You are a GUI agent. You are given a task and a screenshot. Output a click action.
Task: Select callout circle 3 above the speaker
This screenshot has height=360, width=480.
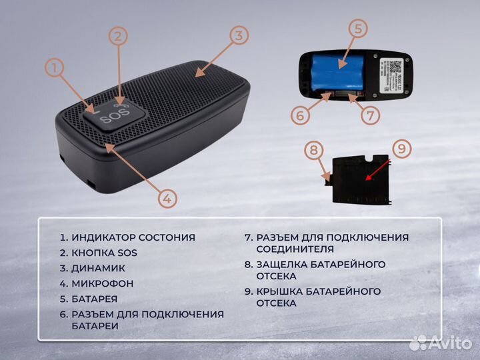click(x=239, y=36)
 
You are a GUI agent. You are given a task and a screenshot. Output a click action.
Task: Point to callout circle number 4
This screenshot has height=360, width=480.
click(x=168, y=197)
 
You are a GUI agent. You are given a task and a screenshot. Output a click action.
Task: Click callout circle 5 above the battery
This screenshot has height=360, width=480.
click(x=358, y=29)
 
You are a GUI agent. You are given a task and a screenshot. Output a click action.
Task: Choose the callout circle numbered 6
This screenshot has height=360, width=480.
click(x=301, y=115)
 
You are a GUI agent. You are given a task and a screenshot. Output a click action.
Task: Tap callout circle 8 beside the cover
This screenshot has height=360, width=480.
click(x=313, y=151)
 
